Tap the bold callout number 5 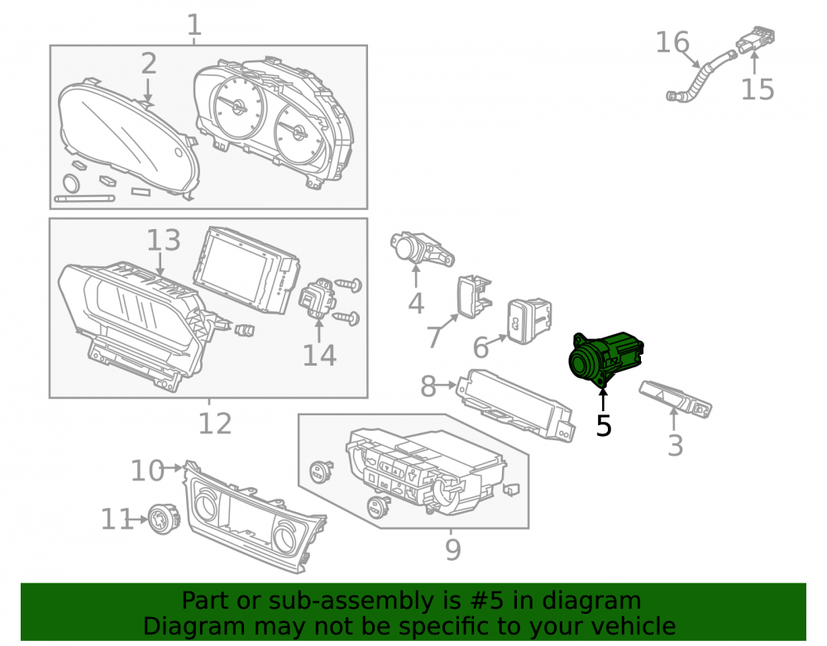[604, 426]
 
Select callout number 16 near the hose [672, 42]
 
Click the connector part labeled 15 [757, 40]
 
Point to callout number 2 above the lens [149, 64]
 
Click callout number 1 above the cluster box [194, 25]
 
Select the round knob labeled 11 [164, 519]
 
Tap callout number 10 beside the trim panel [148, 471]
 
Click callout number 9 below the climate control [453, 549]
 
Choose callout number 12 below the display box [215, 423]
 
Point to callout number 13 [164, 240]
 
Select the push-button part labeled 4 [422, 249]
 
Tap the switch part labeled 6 [529, 321]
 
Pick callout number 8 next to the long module [428, 386]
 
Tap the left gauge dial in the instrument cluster [239, 108]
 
